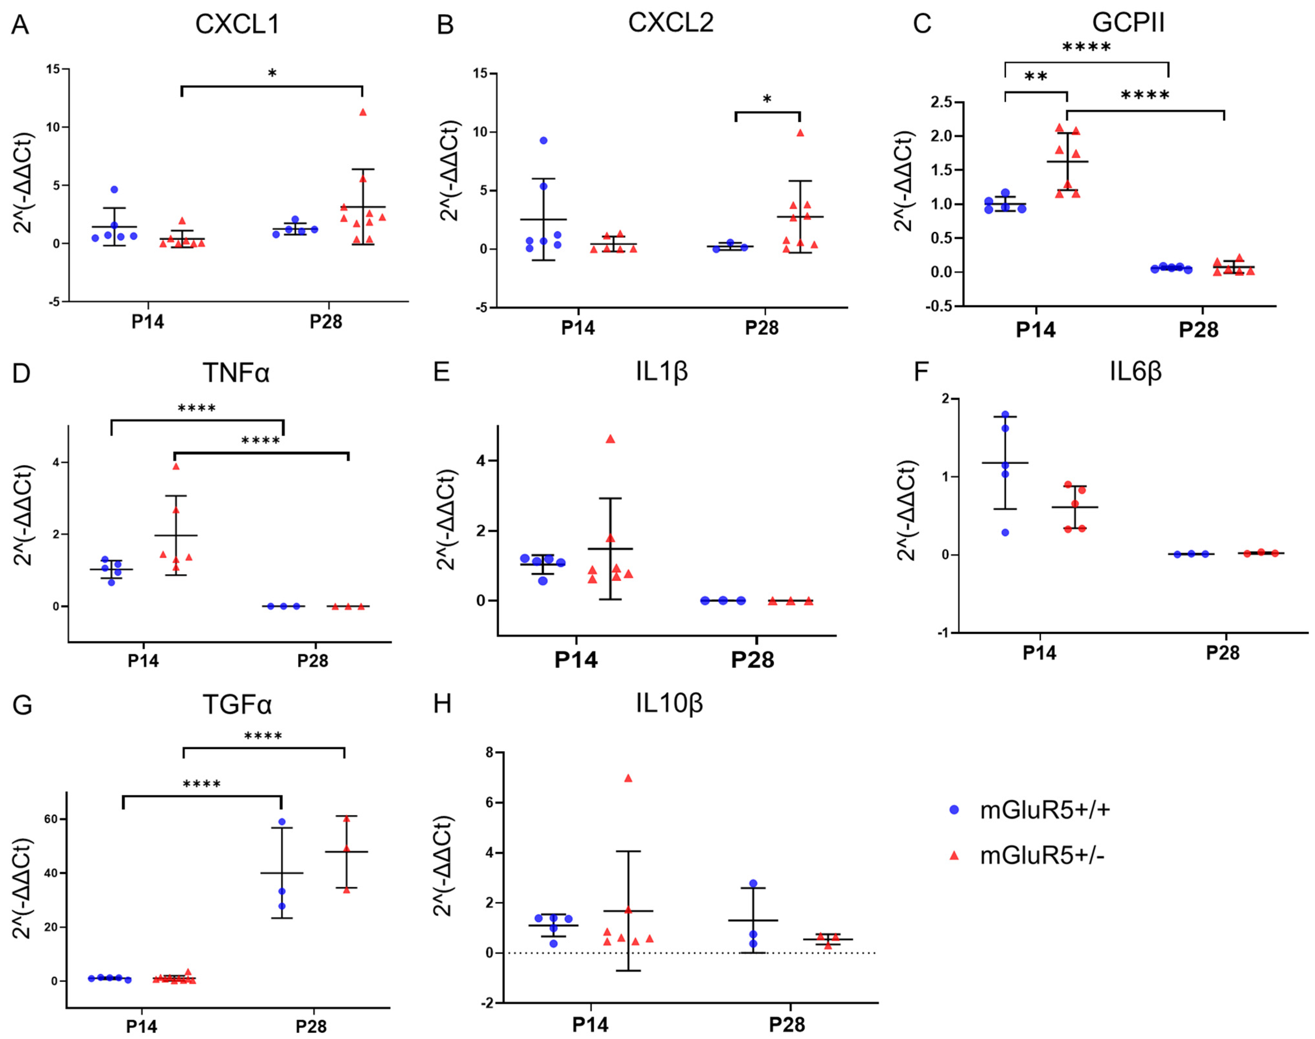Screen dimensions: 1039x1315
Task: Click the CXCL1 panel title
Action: point(237,24)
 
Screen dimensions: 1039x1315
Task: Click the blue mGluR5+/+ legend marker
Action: point(954,810)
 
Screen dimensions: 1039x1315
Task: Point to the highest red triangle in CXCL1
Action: point(363,112)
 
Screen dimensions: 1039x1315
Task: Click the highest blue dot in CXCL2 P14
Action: point(543,141)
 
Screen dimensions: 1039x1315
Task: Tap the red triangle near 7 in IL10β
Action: point(628,778)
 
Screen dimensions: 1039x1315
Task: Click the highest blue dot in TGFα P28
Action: point(282,822)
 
